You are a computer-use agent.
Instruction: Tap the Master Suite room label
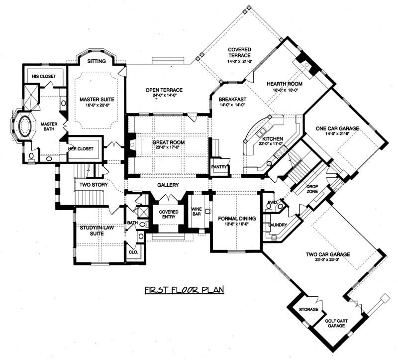click(x=94, y=99)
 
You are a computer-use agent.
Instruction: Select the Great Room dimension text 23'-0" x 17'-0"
click(x=168, y=148)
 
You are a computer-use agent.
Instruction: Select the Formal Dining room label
click(x=236, y=218)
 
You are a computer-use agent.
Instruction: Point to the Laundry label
click(x=277, y=225)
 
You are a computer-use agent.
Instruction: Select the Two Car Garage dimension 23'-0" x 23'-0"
click(x=328, y=260)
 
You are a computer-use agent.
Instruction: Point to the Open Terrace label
click(x=164, y=90)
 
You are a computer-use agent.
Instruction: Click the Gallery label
click(x=168, y=185)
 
